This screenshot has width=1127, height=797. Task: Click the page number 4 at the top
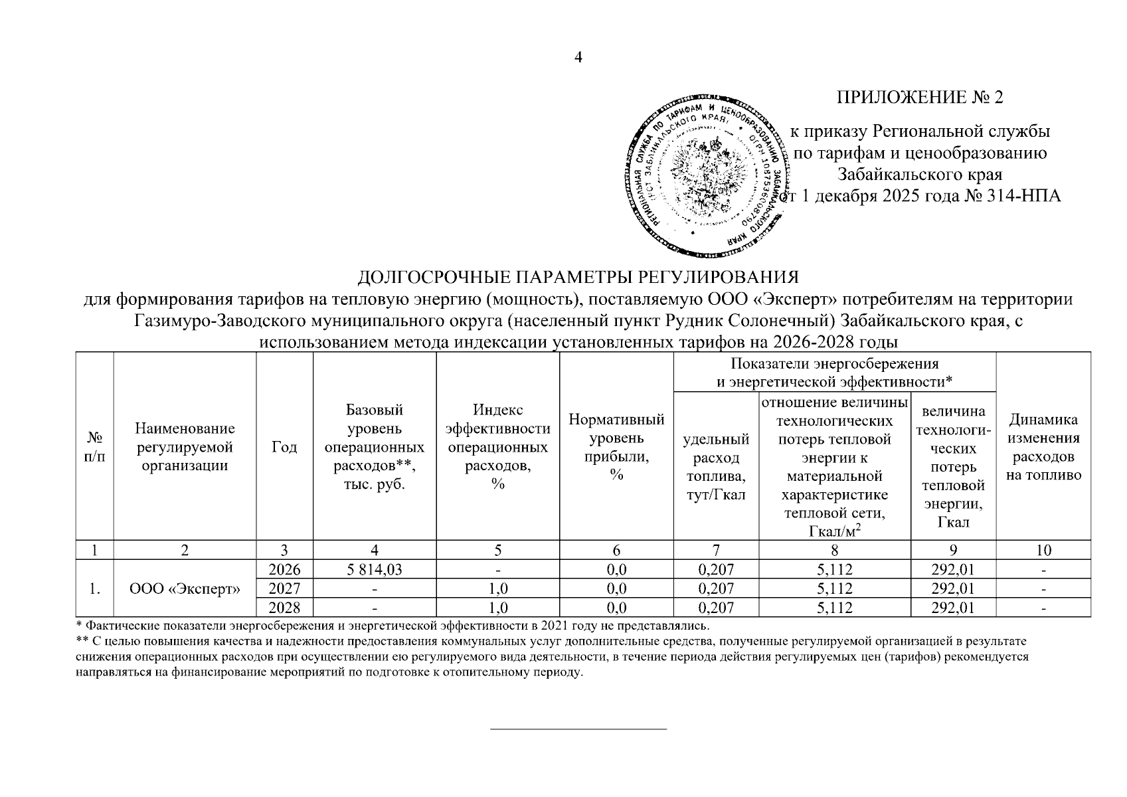578,58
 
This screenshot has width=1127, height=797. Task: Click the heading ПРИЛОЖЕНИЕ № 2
920,98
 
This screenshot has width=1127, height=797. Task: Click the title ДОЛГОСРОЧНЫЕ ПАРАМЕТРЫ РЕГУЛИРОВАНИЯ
578,277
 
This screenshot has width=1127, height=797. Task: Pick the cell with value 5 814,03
375,569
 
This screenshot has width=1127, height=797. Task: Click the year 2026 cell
284,569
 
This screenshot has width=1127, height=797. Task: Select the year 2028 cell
284,607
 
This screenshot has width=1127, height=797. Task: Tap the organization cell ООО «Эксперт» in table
185,588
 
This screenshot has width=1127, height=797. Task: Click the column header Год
284,447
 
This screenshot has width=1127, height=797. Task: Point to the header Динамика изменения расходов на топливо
1043,447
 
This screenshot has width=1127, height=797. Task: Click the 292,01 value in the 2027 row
953,588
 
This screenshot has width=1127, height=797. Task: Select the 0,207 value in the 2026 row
716,569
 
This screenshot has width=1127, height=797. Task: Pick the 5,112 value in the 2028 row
834,607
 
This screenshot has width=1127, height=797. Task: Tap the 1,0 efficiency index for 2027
497,588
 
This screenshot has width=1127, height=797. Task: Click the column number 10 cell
1043,550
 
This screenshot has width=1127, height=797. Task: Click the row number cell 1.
95,588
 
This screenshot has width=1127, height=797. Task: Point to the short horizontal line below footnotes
578,729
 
